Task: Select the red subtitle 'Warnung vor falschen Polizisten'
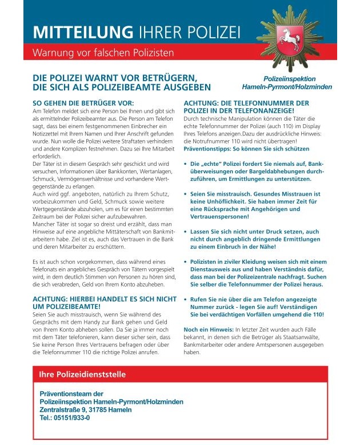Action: (103, 53)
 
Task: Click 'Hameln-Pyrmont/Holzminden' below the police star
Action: (287, 88)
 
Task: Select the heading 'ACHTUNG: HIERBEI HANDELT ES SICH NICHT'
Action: (105, 299)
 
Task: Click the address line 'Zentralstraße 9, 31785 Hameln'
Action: (86, 410)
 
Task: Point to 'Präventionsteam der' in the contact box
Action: (71, 394)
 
